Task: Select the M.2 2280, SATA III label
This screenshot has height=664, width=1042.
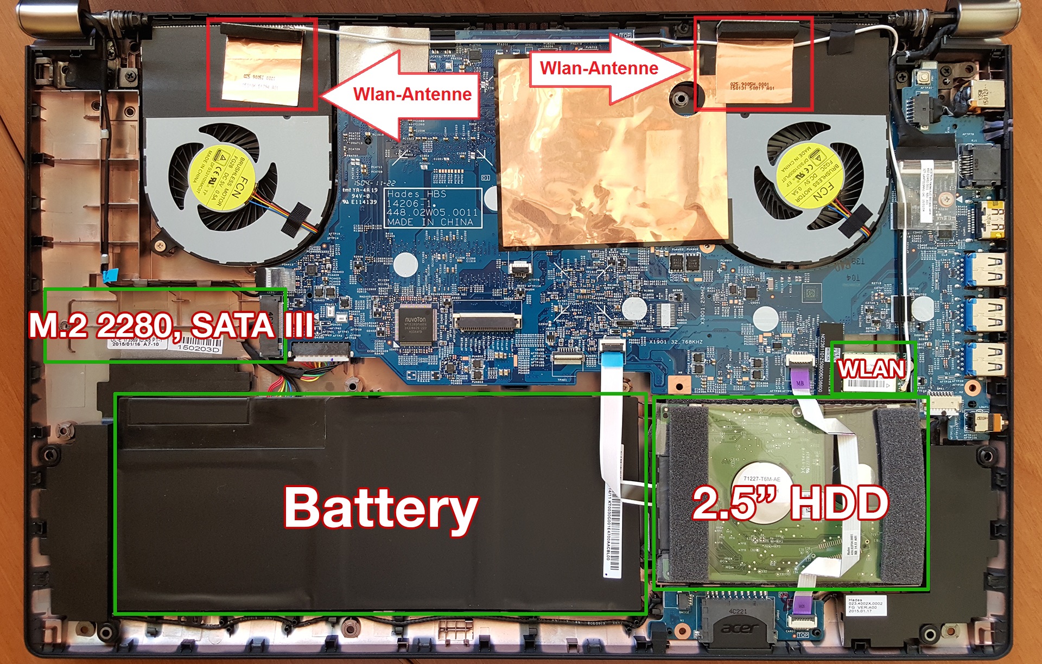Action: click(171, 325)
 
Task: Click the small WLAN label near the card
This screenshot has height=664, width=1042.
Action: click(872, 369)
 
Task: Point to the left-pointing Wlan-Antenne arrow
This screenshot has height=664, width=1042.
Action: click(402, 93)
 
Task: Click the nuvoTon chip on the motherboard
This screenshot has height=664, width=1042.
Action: click(415, 325)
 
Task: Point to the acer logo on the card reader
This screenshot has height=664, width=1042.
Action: click(738, 629)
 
